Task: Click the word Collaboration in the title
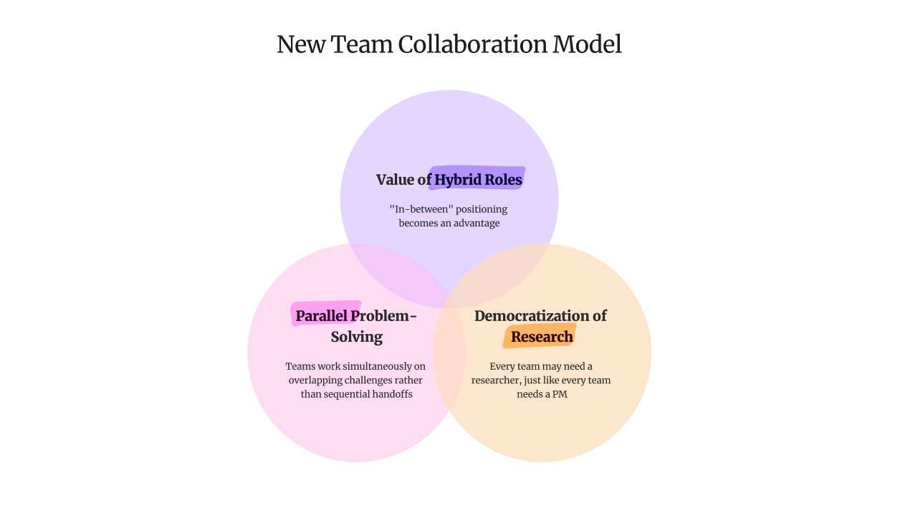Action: (x=472, y=44)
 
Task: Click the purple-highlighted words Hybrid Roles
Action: (x=478, y=179)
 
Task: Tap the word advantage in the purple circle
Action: (x=471, y=223)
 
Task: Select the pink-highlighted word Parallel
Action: (x=322, y=316)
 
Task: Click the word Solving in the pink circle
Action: (x=356, y=337)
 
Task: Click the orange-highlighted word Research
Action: (x=542, y=337)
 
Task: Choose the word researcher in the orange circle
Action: (x=497, y=381)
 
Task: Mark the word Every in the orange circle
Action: (x=502, y=367)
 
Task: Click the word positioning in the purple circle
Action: (x=477, y=209)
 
